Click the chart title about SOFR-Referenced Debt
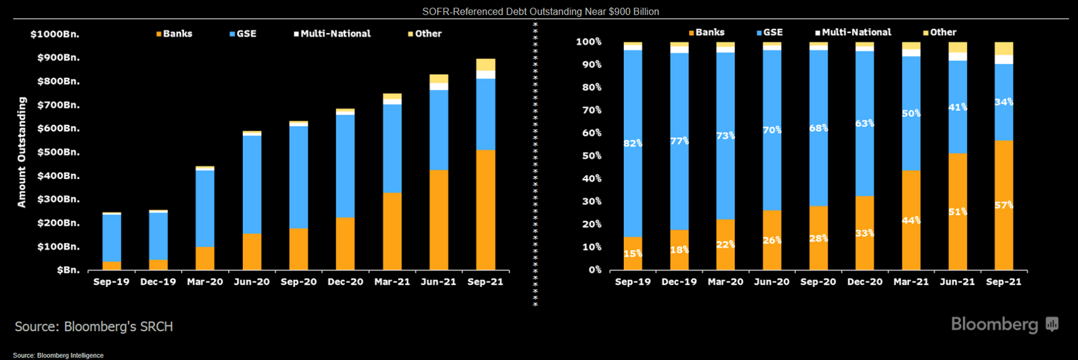540,11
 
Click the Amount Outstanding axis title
22,152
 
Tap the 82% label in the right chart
633,143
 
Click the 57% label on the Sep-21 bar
1004,205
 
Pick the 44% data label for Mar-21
912,220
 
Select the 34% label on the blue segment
1004,102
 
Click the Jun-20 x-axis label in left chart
252,281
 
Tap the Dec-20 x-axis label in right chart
865,281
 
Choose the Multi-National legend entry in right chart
853,32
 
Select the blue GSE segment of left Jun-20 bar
252,185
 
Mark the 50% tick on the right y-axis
590,156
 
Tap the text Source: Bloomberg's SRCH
94,326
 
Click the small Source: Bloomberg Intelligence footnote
58,356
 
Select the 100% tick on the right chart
588,42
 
